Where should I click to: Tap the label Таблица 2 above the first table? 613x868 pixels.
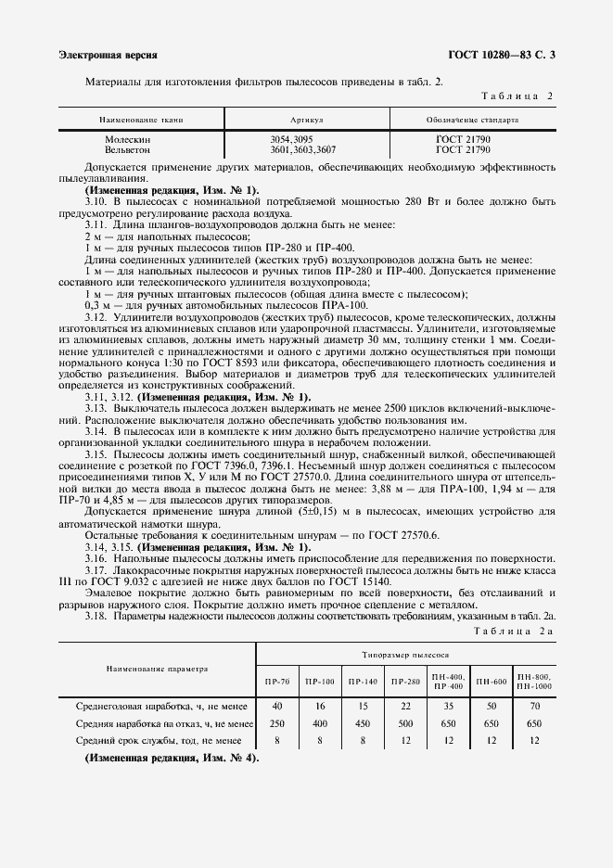518,96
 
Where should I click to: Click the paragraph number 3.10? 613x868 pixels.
96,200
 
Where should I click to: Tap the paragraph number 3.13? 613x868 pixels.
96,409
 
